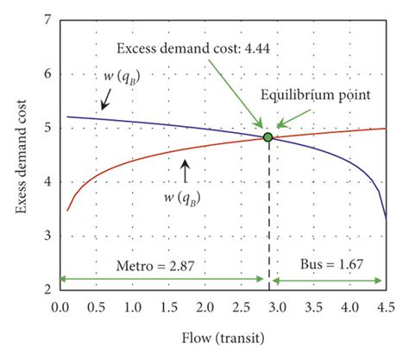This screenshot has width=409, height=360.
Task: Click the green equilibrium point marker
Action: [x=267, y=137]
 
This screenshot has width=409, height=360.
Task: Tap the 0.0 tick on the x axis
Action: [x=60, y=306]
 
